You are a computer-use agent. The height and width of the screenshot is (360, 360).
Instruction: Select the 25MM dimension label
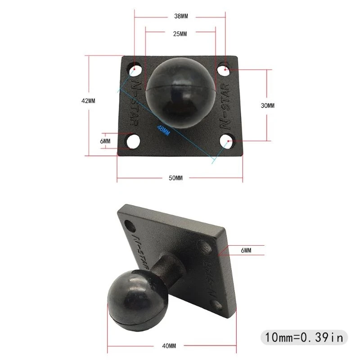(180, 34)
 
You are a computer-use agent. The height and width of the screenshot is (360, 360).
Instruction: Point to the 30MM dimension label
(267, 105)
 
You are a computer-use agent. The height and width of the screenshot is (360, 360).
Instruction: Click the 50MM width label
(175, 178)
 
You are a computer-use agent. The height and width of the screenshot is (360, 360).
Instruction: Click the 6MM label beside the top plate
(105, 141)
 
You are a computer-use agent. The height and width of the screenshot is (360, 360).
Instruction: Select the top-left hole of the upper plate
(136, 70)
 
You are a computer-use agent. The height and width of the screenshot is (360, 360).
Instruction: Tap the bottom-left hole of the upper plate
(132, 141)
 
